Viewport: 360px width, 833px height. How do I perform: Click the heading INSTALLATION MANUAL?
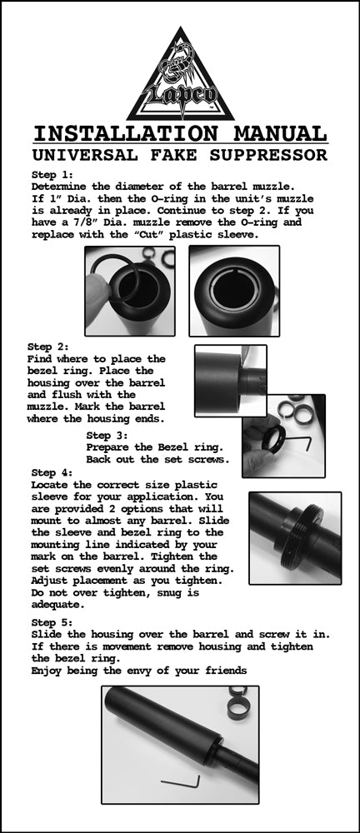tap(180, 134)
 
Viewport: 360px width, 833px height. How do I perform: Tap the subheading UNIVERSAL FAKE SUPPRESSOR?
tap(180, 155)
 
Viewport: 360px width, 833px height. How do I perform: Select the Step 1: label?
tap(52, 175)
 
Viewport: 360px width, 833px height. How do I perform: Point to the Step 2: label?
tap(48, 346)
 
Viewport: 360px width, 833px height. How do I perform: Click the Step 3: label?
tap(107, 435)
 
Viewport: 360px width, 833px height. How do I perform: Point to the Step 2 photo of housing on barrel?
tap(230, 381)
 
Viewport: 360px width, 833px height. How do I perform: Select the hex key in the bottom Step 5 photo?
tap(182, 781)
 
